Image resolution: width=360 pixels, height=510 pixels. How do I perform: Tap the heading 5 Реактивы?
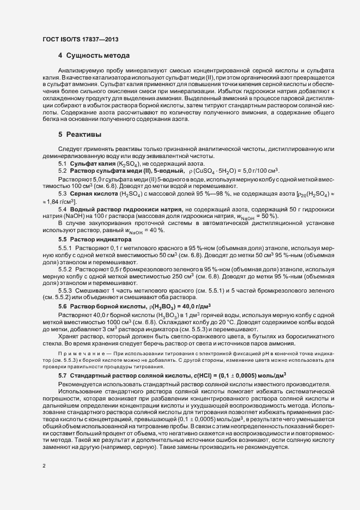click(x=80, y=133)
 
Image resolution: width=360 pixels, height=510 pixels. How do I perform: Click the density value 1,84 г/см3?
click(x=62, y=202)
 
